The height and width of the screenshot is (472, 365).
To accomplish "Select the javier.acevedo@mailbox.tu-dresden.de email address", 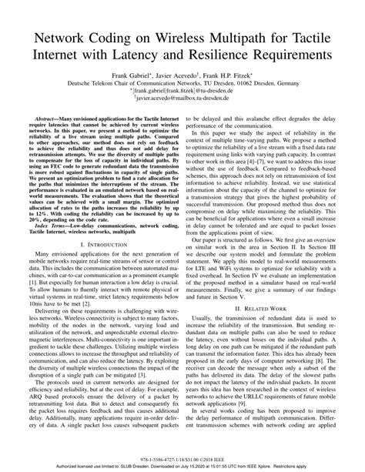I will (x=183, y=105).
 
